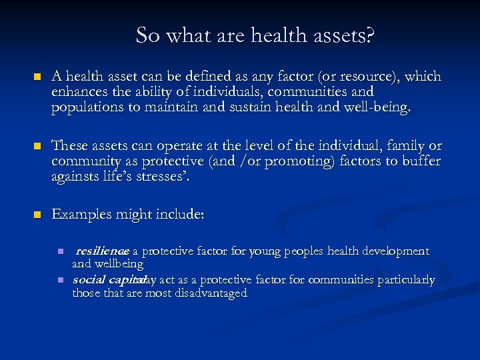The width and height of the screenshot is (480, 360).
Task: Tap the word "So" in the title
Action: click(x=147, y=35)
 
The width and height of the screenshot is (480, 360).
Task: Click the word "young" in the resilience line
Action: click(x=267, y=251)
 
